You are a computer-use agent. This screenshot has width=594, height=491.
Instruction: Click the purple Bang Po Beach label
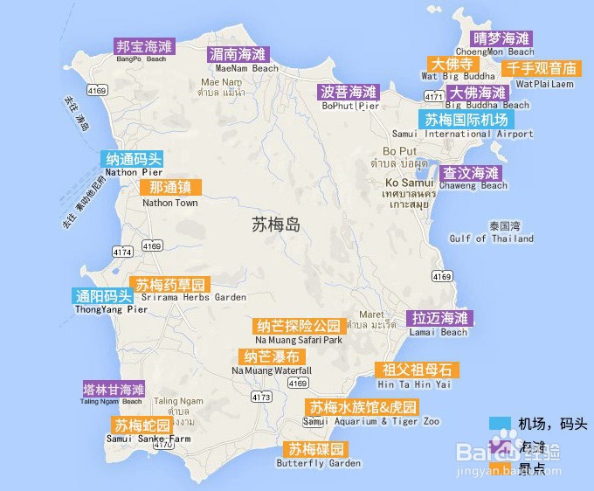[x=144, y=45]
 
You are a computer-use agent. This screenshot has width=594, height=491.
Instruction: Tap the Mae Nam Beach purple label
[x=238, y=53]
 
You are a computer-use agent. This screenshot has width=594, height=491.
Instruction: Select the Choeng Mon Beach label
[x=501, y=38]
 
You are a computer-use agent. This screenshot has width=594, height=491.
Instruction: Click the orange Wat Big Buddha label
[x=452, y=65]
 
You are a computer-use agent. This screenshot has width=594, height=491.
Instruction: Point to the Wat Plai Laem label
[x=543, y=68]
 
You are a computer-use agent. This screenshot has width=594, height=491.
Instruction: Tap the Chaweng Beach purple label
[x=471, y=172]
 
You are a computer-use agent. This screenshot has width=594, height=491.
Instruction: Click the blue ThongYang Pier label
[x=99, y=295]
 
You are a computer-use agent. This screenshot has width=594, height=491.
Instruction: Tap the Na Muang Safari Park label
[x=299, y=326]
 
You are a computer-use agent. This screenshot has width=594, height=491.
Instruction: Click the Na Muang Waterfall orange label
[x=272, y=356]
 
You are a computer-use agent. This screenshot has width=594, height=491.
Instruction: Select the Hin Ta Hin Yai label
[x=413, y=370]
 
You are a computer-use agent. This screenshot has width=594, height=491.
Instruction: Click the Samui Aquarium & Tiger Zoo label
[x=362, y=407]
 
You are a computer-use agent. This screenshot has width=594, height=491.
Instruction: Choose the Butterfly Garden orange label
[x=317, y=449]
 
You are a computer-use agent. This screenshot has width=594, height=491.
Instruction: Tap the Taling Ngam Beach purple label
[x=113, y=390]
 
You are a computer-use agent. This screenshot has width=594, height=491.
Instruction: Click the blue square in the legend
[x=500, y=424]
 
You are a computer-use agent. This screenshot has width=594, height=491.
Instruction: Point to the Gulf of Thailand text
[x=492, y=239]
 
